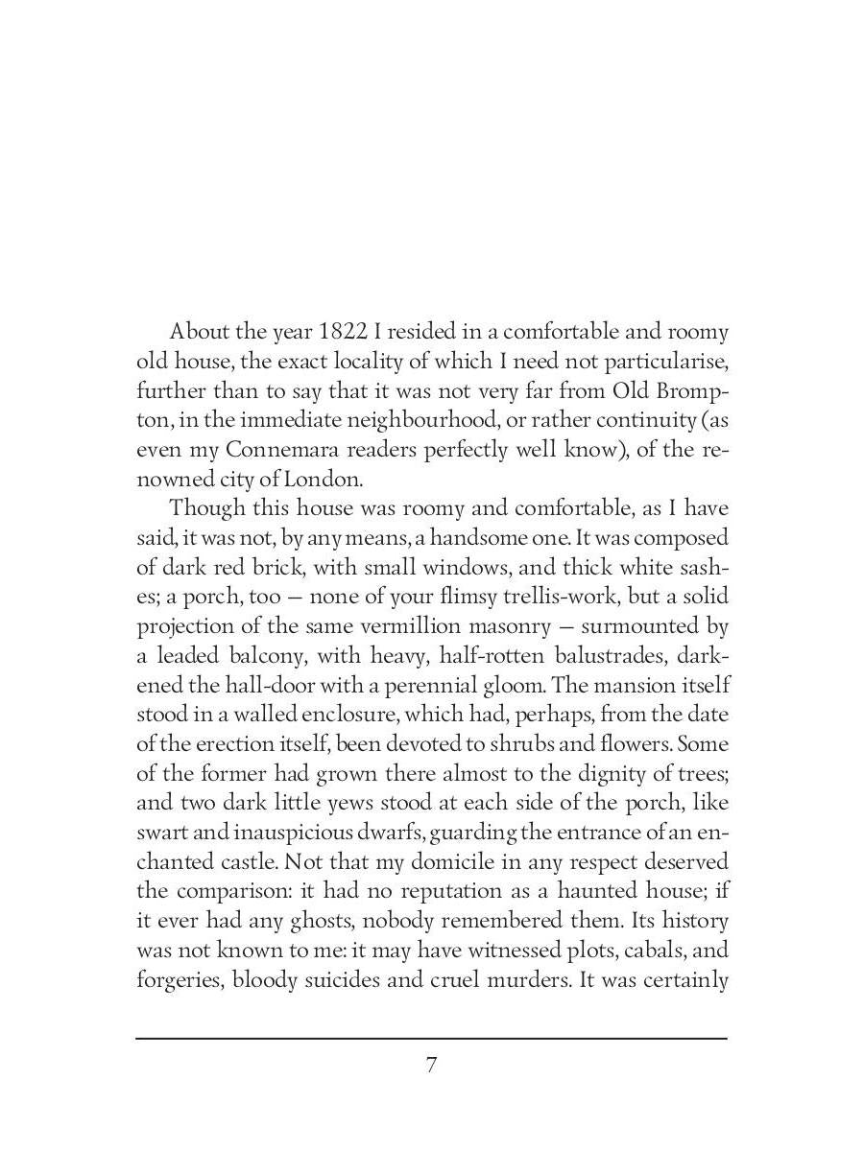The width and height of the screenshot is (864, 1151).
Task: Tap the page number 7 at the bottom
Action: [x=432, y=1065]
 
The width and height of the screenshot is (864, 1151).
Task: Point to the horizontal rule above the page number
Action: [x=432, y=1038]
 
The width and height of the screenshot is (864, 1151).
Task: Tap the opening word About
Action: [x=200, y=332]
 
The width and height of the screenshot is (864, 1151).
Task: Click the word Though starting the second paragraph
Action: [x=205, y=508]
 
